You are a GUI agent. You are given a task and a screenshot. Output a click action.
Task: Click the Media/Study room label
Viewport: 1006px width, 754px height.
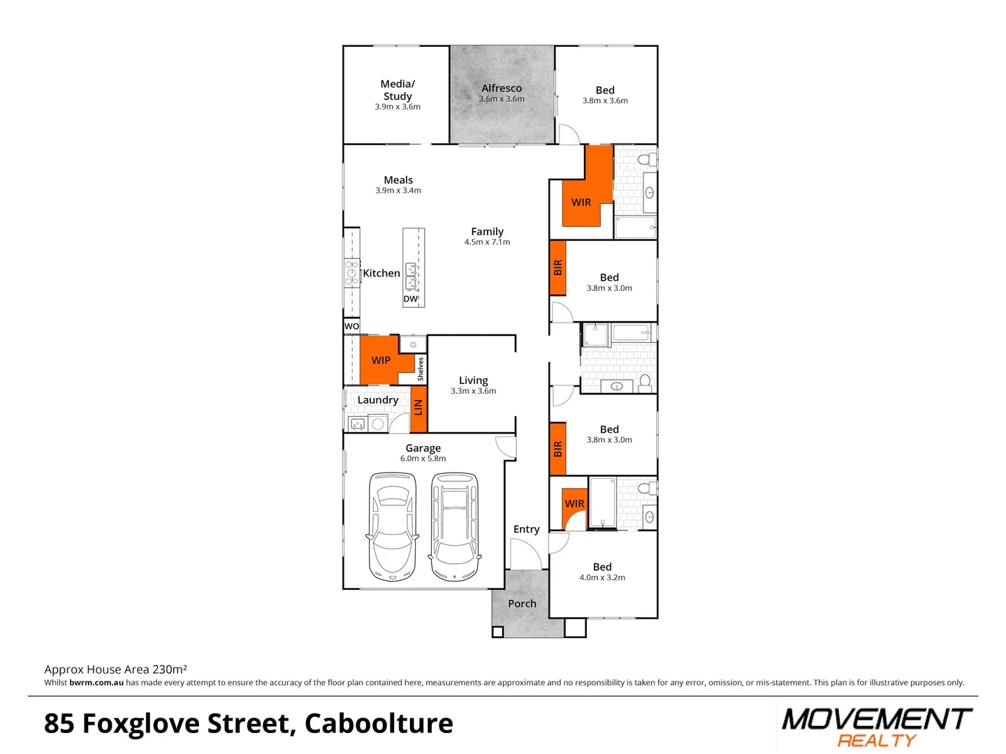point(398,90)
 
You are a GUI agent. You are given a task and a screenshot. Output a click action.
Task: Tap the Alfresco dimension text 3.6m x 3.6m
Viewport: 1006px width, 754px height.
point(502,99)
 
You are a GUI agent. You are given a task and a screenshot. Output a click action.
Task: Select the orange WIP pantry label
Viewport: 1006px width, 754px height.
point(381,360)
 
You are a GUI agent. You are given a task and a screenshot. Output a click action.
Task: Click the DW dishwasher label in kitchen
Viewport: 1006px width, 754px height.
point(411,299)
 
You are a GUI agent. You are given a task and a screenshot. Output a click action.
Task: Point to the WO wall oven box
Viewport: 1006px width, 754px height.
point(351,326)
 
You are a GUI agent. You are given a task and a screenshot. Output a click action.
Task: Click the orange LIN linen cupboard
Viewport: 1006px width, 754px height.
point(418,407)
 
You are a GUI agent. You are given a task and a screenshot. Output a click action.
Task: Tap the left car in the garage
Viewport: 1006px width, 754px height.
point(392,526)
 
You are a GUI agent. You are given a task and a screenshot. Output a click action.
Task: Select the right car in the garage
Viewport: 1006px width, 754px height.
point(454,526)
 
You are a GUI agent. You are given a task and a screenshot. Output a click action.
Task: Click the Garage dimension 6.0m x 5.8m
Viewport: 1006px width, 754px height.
point(423,459)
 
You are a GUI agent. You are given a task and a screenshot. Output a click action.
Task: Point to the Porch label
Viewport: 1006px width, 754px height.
point(522,603)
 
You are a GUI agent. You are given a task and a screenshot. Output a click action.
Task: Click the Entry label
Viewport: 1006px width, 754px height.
point(526,529)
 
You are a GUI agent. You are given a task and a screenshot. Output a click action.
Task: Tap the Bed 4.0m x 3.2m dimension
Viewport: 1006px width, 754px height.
point(602,577)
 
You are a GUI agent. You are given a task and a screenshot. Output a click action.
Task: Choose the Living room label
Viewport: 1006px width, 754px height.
point(473,380)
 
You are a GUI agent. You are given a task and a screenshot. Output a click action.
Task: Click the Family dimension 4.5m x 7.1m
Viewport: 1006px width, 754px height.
point(487,242)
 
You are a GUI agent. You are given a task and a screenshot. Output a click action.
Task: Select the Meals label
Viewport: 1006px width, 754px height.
point(398,180)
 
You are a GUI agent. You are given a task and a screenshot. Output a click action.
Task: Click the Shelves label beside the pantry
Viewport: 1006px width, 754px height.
point(421,369)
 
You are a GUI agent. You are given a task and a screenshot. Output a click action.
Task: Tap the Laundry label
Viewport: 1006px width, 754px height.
point(377,400)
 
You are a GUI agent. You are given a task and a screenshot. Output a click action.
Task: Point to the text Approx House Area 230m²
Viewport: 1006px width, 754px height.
point(115,670)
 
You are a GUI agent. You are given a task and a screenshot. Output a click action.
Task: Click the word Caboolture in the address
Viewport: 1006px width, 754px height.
point(379,724)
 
